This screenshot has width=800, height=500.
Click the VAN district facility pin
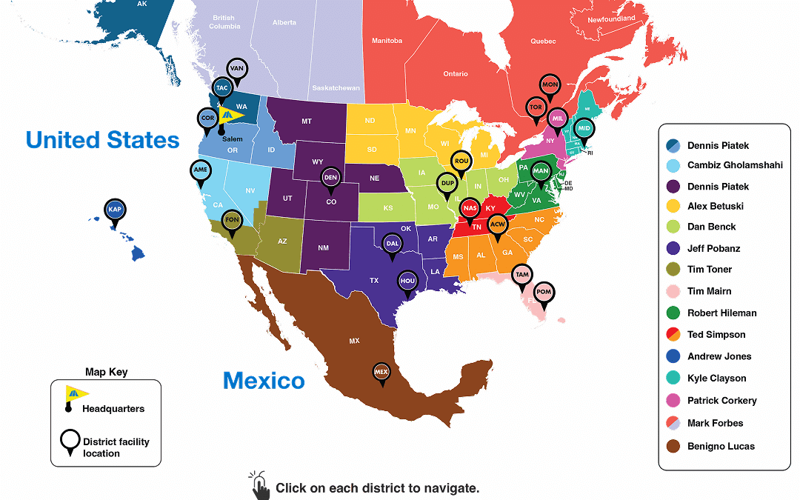click(x=237, y=69)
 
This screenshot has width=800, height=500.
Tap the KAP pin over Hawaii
click(x=115, y=210)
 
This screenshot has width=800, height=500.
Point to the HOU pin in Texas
click(x=407, y=281)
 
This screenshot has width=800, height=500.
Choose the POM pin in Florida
click(x=544, y=292)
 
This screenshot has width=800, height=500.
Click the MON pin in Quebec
click(x=550, y=85)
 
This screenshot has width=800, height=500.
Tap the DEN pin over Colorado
click(x=330, y=178)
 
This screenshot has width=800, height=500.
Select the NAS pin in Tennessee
click(x=470, y=208)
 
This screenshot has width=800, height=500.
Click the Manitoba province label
click(x=387, y=41)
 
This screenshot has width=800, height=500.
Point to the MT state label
click(x=306, y=121)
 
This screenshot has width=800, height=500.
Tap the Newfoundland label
click(x=611, y=19)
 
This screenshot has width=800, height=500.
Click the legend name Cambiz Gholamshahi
click(x=735, y=165)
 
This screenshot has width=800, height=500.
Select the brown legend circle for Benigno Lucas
click(x=673, y=446)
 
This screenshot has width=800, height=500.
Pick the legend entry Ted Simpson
click(x=716, y=335)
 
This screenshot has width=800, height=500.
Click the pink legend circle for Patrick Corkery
click(x=673, y=401)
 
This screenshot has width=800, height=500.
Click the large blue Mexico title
click(x=264, y=381)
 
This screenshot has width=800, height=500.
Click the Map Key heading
click(x=107, y=372)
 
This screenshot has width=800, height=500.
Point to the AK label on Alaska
click(x=141, y=4)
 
